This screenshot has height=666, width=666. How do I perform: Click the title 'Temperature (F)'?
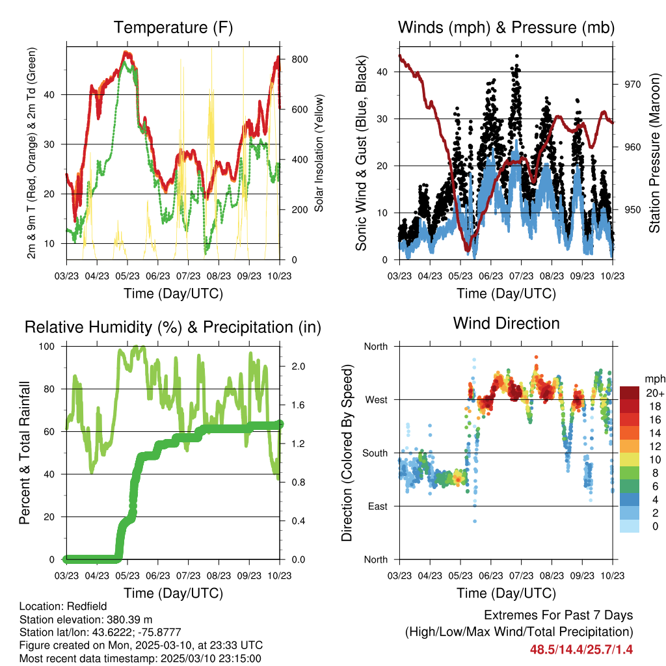point(173,27)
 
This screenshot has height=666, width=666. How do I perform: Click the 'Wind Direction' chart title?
point(506,323)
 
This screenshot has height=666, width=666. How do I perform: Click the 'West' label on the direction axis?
point(375,399)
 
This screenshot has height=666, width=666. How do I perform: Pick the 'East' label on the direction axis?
point(377,506)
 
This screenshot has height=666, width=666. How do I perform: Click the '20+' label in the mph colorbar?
point(655,393)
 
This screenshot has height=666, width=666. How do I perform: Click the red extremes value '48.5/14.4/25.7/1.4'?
point(581,649)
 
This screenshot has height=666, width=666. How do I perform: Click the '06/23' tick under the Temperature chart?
point(157,276)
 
